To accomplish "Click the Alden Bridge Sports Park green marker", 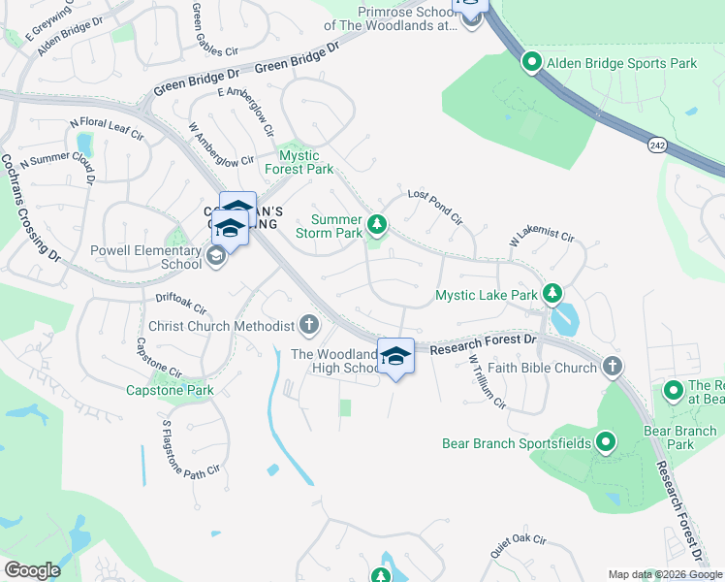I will click(x=532, y=63).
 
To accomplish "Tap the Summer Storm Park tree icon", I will click(x=377, y=226).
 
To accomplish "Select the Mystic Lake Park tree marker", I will click(x=552, y=293).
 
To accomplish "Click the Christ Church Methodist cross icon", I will click(x=309, y=325).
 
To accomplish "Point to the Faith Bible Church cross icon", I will click(x=612, y=367).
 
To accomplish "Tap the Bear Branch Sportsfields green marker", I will click(x=606, y=443).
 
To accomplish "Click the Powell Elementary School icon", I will click(x=215, y=256).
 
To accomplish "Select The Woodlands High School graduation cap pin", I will click(x=394, y=356).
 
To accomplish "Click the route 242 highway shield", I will click(x=657, y=144).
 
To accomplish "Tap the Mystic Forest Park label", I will click(x=306, y=162).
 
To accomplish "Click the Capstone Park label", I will click(x=170, y=391).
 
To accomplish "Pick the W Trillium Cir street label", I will click(x=488, y=382).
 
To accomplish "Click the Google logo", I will click(x=33, y=570).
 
